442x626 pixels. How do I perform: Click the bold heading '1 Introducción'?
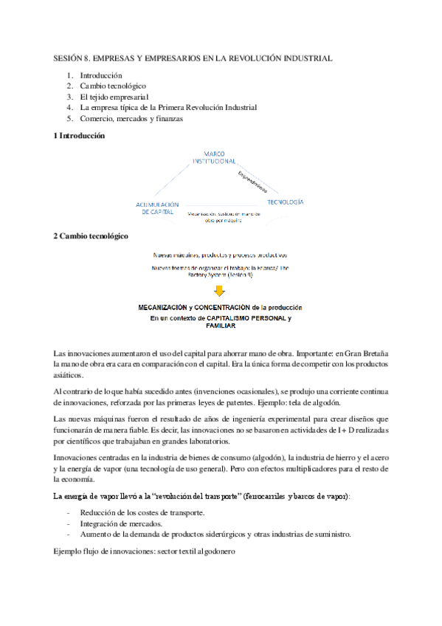79,136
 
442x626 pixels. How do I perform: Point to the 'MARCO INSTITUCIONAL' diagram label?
214,156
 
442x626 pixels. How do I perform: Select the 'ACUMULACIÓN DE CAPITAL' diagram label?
157,207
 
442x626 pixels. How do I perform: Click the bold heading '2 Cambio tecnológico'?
91,236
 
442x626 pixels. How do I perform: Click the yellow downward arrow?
219,292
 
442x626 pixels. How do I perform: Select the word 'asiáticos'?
69,374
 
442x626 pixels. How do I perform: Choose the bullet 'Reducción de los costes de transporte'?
143,512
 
